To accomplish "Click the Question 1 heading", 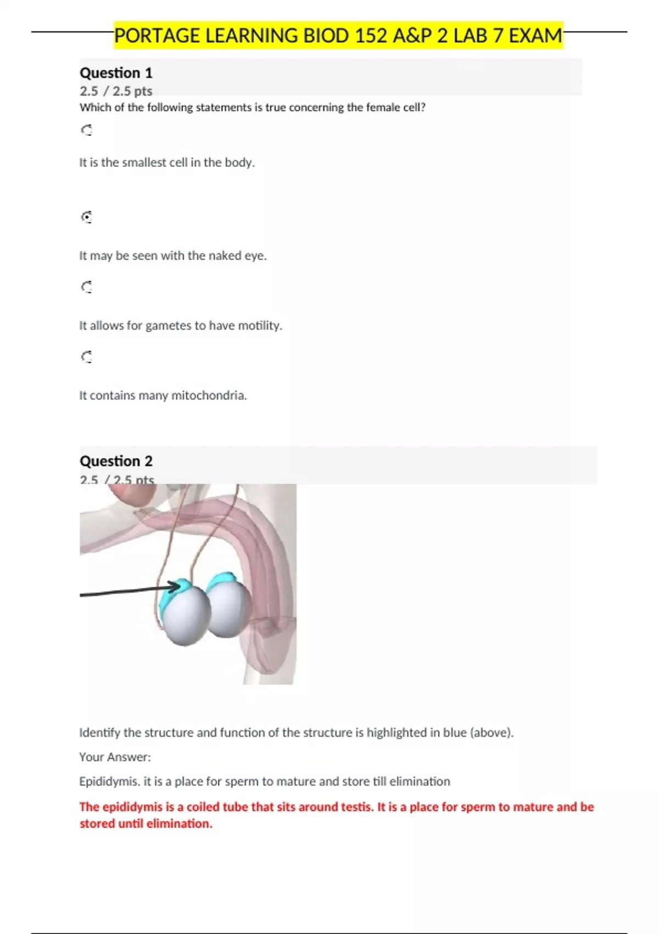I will pos(116,73).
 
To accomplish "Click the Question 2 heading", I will pos(116,461).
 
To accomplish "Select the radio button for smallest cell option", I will pos(87,130).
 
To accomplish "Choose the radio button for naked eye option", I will pos(87,217).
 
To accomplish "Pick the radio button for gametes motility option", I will pos(87,287).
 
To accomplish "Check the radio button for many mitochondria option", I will pos(87,357).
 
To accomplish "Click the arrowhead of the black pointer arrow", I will pos(177,587).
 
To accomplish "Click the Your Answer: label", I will pos(115,757).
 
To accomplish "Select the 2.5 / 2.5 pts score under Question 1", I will pos(116,91).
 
